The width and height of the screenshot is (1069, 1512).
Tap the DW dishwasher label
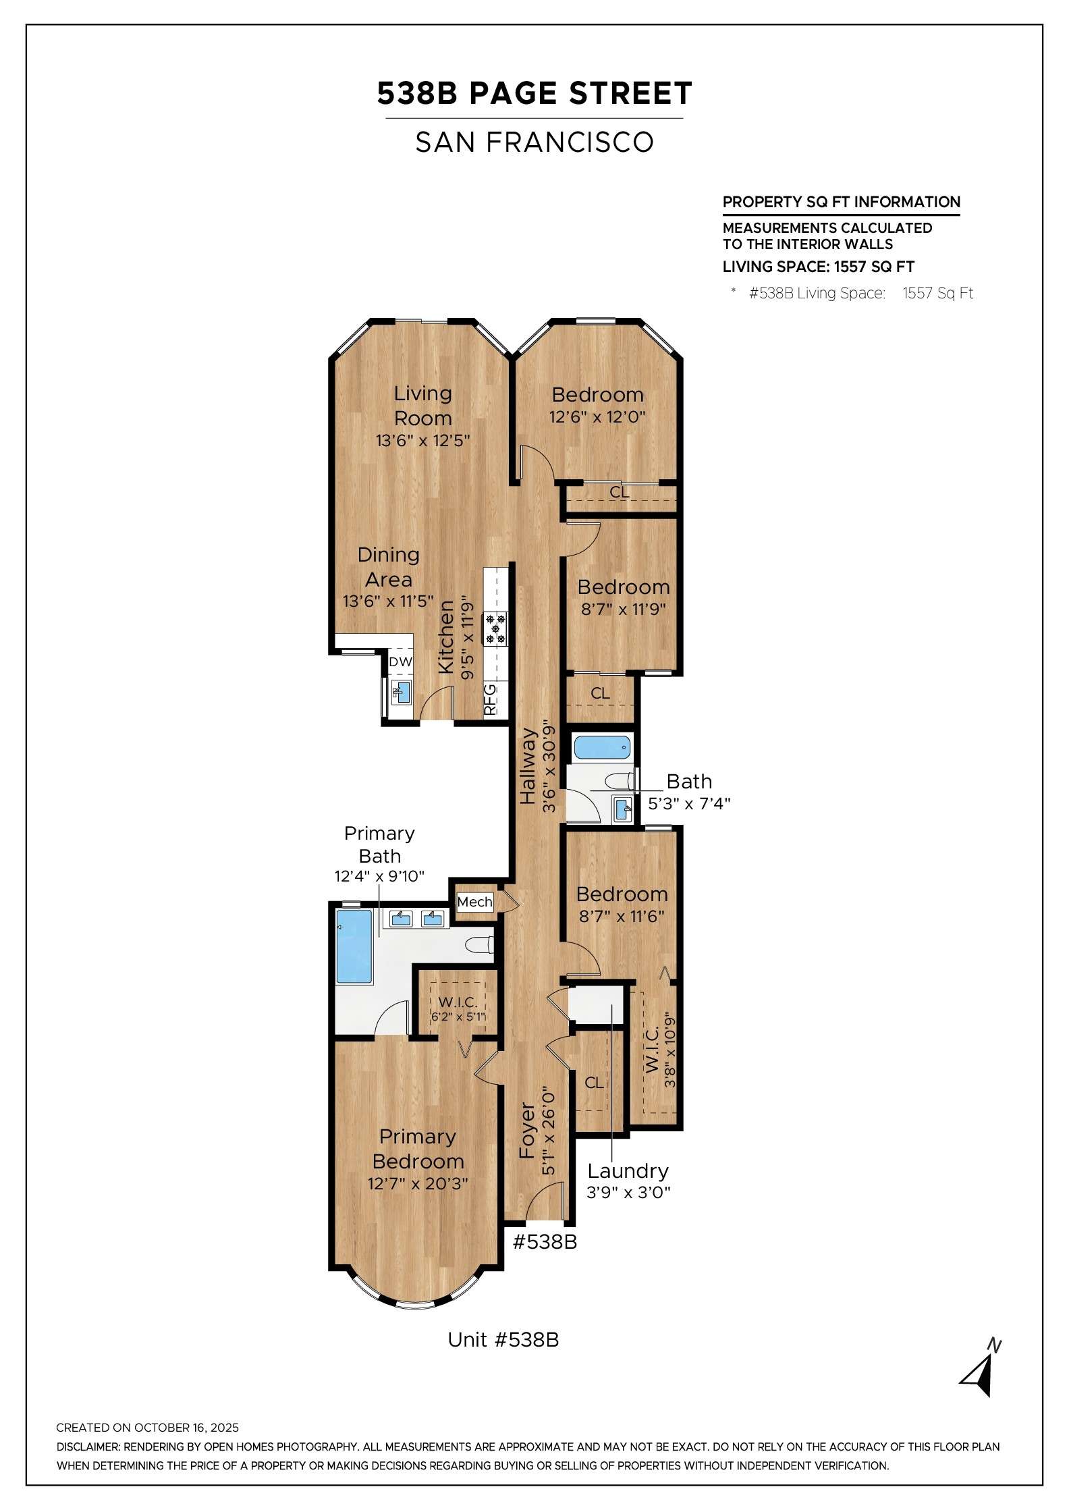[400, 661]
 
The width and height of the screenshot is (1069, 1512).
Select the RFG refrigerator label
[490, 700]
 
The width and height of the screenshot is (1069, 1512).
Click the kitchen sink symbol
[402, 692]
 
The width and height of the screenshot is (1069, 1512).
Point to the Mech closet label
[474, 902]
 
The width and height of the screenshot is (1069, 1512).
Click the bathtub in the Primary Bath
[354, 946]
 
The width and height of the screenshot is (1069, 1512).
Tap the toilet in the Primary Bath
[481, 945]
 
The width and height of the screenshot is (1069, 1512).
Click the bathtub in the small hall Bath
[602, 747]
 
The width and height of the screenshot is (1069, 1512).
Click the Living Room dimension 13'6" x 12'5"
[422, 441]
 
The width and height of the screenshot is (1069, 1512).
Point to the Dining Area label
[389, 567]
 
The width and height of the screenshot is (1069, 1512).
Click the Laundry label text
[628, 1171]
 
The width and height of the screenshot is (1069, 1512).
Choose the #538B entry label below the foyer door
[545, 1242]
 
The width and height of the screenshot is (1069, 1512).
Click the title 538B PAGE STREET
[534, 93]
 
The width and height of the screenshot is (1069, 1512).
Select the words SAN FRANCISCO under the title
[534, 142]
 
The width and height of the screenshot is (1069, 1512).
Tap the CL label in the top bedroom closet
[619, 493]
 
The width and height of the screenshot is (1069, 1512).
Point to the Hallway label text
[528, 765]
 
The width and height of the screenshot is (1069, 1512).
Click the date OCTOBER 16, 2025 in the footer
[187, 1428]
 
